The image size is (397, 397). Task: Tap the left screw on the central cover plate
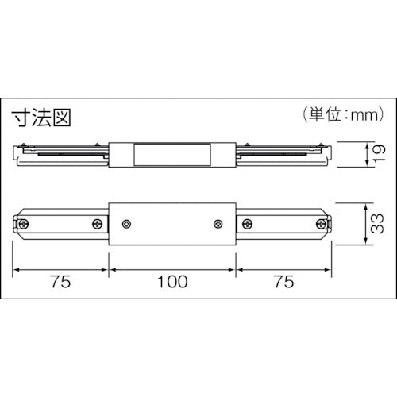pyautogui.click(x=128, y=225)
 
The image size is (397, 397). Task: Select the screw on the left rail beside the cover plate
pyautogui.click(x=98, y=225)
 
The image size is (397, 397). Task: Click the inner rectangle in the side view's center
pyautogui.click(x=172, y=153)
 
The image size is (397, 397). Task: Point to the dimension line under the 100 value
pyautogui.click(x=172, y=268)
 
